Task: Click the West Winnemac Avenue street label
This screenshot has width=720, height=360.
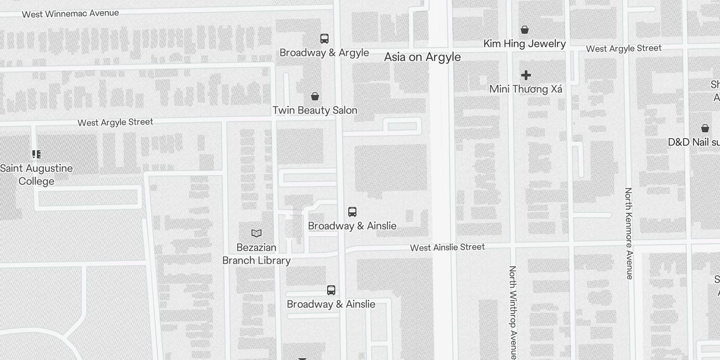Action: pyautogui.click(x=71, y=13)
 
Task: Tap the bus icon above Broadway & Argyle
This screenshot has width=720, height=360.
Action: pyautogui.click(x=324, y=39)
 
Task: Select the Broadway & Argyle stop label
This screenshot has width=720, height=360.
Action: pyautogui.click(x=324, y=53)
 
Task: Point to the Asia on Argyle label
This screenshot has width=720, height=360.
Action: pyautogui.click(x=422, y=57)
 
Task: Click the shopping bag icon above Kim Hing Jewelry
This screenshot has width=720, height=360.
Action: pyautogui.click(x=524, y=30)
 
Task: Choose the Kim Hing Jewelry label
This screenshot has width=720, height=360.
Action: pyautogui.click(x=524, y=44)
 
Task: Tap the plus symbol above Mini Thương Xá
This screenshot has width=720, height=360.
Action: pyautogui.click(x=526, y=75)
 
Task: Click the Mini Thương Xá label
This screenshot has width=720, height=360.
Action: pyautogui.click(x=526, y=89)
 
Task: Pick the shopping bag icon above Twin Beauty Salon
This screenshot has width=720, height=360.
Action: pyautogui.click(x=315, y=96)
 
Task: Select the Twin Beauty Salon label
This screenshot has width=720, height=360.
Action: pyautogui.click(x=315, y=110)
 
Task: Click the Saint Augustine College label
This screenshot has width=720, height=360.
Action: pyautogui.click(x=36, y=175)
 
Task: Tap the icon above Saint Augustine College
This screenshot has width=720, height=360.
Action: pyautogui.click(x=36, y=155)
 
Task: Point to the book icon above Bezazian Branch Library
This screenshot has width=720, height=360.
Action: pyautogui.click(x=256, y=233)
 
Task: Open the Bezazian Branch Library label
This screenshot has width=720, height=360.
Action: pyautogui.click(x=256, y=254)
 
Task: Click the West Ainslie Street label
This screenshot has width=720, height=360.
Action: pyautogui.click(x=447, y=247)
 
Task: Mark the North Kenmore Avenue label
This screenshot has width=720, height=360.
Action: pyautogui.click(x=629, y=233)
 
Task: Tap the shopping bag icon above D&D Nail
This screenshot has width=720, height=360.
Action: pyautogui.click(x=705, y=128)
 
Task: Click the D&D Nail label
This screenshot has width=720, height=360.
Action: pyautogui.click(x=693, y=142)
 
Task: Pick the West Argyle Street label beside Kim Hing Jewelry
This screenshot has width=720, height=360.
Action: pyautogui.click(x=624, y=49)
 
